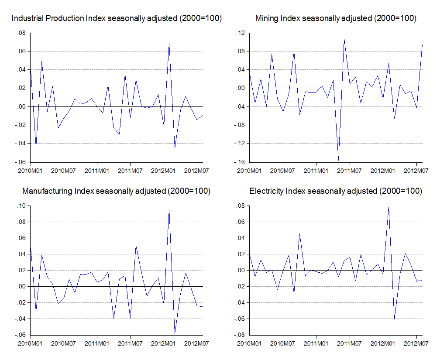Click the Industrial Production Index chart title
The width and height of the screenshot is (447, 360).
(x=117, y=18)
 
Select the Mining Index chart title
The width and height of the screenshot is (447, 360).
(x=336, y=18)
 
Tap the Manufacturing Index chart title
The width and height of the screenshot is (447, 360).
(x=116, y=191)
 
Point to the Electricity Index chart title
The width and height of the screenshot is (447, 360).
(x=336, y=191)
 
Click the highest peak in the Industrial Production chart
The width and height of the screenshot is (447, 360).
(x=169, y=43)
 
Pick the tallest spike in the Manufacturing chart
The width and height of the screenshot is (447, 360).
(x=169, y=209)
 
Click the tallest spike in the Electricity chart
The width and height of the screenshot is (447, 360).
(x=389, y=207)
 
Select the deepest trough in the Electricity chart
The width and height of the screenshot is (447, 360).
(x=394, y=319)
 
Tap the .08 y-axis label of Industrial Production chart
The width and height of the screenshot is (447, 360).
(x=21, y=33)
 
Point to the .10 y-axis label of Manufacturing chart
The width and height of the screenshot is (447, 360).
(x=21, y=206)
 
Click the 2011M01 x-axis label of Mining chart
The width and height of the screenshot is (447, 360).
(x=316, y=171)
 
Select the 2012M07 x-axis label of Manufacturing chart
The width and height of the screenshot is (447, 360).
(x=196, y=343)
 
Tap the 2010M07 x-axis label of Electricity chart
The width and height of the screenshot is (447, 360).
(x=282, y=343)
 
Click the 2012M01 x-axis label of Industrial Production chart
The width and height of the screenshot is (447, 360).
(x=163, y=171)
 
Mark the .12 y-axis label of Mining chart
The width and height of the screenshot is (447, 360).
(x=241, y=33)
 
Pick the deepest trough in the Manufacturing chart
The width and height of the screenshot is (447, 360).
(x=175, y=333)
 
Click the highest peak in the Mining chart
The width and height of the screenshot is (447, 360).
(x=344, y=39)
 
